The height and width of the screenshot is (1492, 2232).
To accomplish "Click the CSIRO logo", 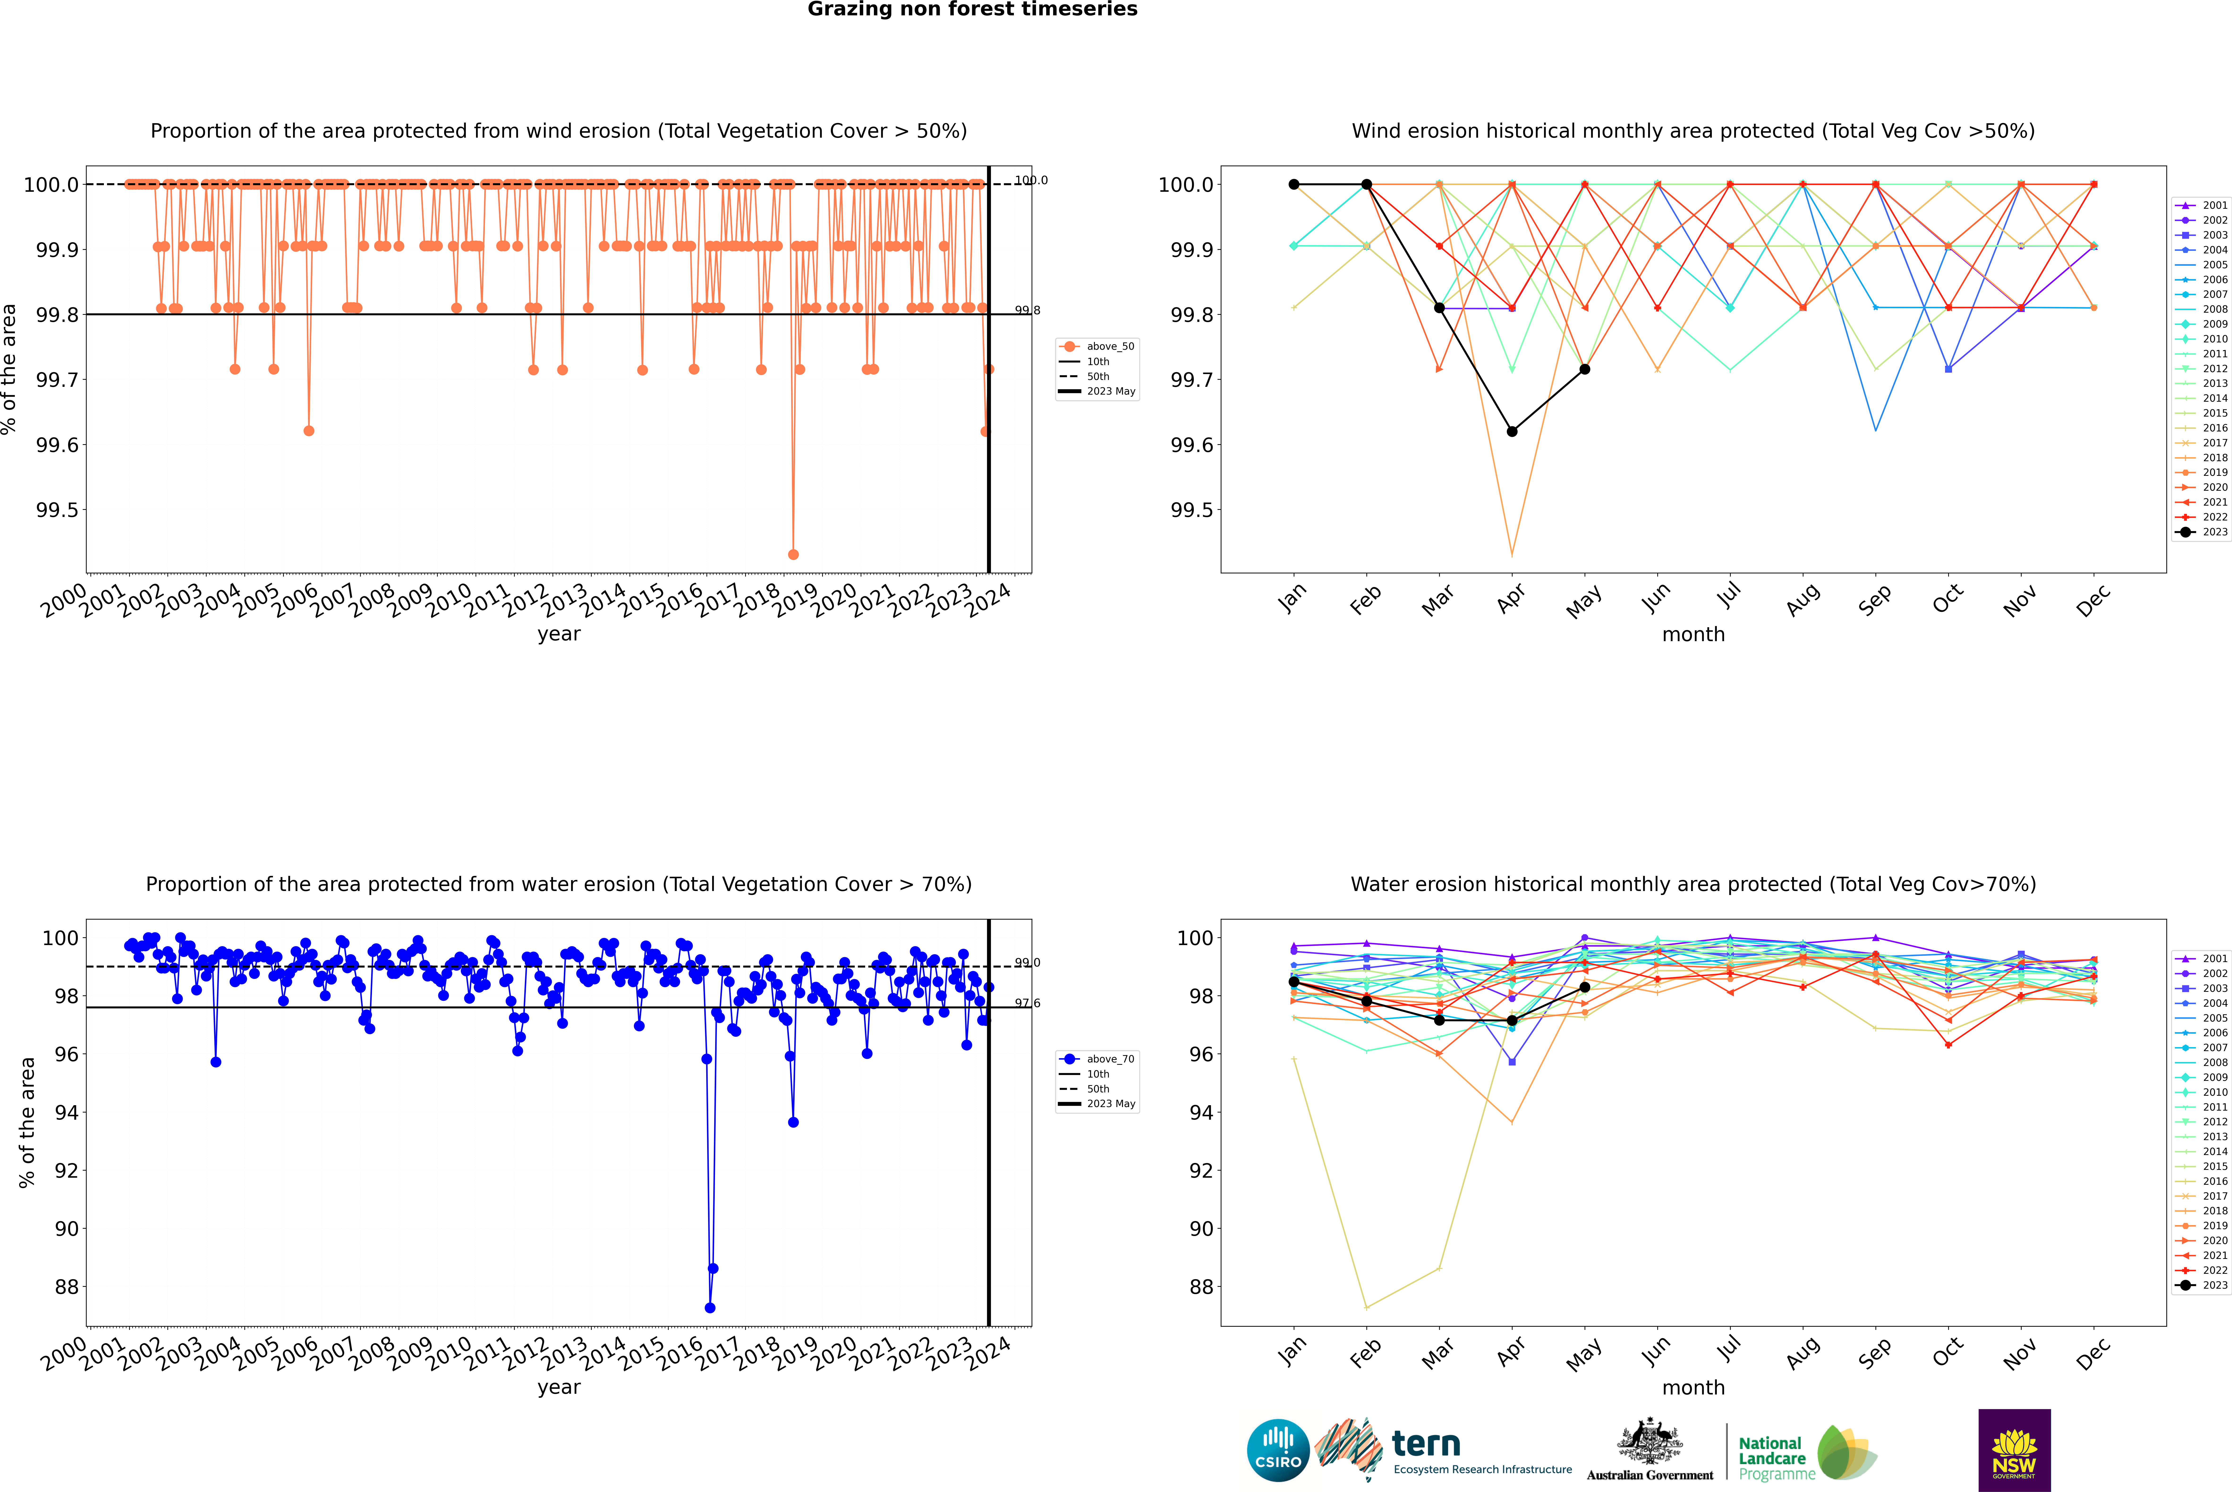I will (1278, 1450).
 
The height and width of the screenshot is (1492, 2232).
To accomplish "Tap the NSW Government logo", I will (2014, 1450).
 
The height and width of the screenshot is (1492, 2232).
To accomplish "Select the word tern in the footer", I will (1425, 1445).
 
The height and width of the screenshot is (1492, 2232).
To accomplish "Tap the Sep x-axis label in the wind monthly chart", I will (1874, 601).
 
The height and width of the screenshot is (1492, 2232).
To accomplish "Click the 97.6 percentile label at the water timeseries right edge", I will (1028, 1003).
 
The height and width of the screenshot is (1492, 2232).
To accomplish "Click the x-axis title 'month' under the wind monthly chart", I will (1692, 635).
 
